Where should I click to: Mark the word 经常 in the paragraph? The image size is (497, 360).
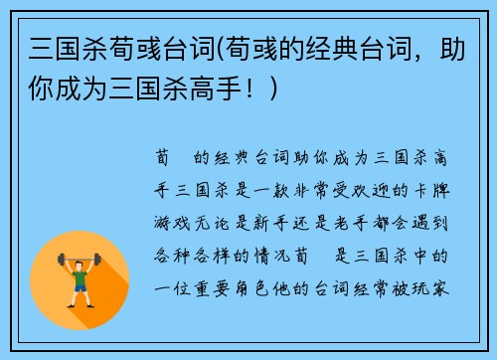[377, 288]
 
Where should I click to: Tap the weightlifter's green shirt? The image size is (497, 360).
[80, 277]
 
